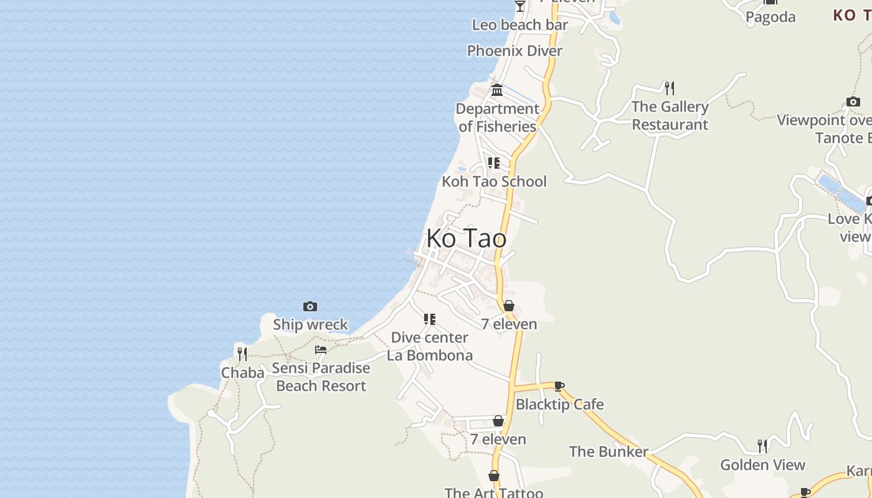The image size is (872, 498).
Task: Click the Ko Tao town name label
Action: pos(466,238)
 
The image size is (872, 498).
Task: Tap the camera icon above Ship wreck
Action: pos(310,306)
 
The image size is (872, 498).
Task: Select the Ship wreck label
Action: pos(310,324)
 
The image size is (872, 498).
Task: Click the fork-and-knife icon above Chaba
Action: pos(242,354)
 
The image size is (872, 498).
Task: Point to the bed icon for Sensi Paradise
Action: pos(321,350)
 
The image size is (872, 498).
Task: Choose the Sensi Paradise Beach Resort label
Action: pos(321,377)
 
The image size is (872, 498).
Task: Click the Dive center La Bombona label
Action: pos(430,346)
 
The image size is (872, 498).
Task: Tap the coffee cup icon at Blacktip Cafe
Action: pos(559,387)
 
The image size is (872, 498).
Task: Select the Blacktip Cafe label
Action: pos(559,404)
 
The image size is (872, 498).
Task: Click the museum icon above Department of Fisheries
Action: pos(497,90)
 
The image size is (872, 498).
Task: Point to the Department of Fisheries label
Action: pos(497,118)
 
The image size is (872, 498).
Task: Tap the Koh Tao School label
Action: pos(494,181)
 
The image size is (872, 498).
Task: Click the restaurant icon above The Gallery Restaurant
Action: pos(670,88)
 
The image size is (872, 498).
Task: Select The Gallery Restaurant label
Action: pos(670,116)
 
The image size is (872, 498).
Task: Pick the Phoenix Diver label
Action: pos(514,51)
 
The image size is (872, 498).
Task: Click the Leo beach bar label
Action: pos(520,25)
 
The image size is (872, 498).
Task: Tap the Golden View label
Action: pos(762,464)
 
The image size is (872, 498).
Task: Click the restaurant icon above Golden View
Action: pos(762,446)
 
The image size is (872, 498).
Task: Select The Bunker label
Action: pos(609,451)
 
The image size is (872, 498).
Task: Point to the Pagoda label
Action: pos(770,17)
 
